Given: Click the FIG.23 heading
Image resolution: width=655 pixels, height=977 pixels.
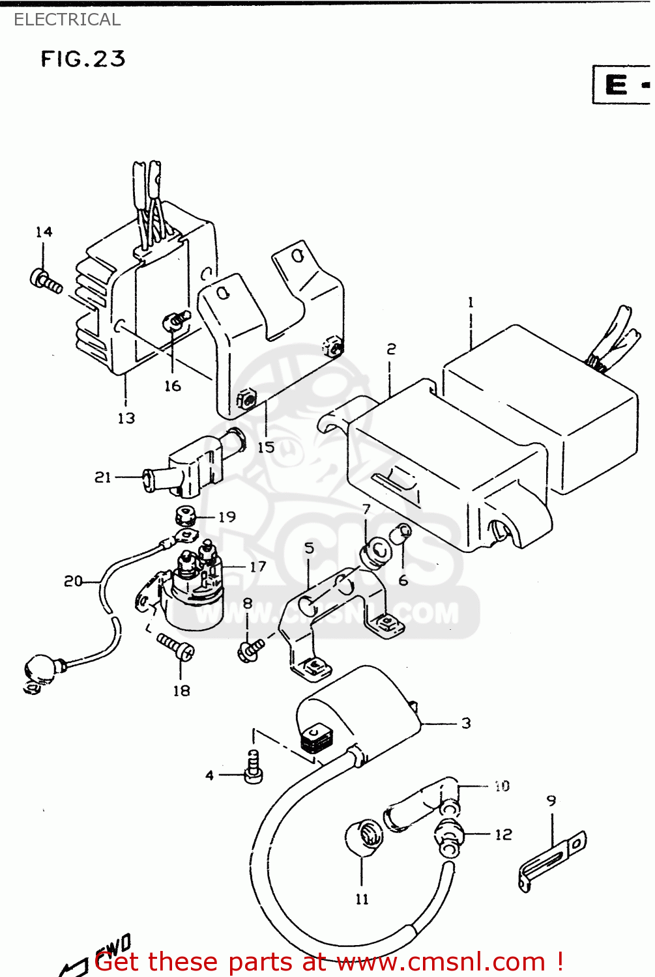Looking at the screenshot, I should click(x=83, y=59).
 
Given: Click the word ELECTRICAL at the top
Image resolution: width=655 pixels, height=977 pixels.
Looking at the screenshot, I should click(x=67, y=20).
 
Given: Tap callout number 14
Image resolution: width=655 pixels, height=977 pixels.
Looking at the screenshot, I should click(x=44, y=232).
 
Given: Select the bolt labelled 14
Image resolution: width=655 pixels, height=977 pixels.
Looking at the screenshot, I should click(x=45, y=281).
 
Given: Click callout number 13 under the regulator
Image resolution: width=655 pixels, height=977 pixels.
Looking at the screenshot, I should click(x=126, y=418).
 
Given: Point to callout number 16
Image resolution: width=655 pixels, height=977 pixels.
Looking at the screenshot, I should click(x=172, y=386).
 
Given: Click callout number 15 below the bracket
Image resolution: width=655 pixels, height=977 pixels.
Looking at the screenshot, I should click(x=266, y=447).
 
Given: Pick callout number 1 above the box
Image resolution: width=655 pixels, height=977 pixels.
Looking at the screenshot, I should click(x=471, y=303).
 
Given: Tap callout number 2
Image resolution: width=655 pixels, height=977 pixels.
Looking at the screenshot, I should click(x=391, y=349).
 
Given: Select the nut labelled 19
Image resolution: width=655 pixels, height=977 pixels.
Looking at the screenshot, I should click(x=186, y=517).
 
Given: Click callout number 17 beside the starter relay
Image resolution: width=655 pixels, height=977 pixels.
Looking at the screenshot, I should click(x=258, y=567).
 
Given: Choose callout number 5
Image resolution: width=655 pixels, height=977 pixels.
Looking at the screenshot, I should click(x=309, y=548).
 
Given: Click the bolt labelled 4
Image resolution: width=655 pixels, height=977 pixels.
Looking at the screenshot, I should click(x=253, y=767).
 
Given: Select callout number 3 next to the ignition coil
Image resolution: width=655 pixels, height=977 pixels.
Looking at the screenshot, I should click(x=466, y=723).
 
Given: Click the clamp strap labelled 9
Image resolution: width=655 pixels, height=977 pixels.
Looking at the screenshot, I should click(x=553, y=860).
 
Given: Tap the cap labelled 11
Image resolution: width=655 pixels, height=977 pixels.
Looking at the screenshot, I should click(x=364, y=837).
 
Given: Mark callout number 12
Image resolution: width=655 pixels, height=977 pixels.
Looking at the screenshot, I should click(x=503, y=834).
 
